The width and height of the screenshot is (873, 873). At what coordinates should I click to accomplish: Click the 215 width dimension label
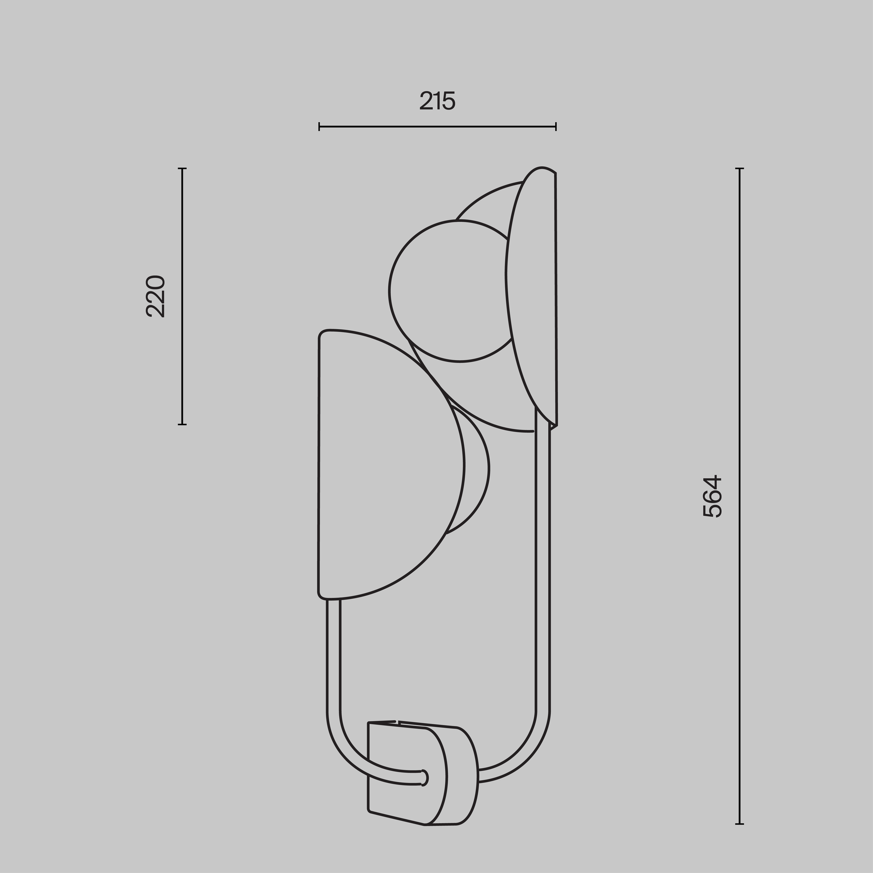[x=437, y=101]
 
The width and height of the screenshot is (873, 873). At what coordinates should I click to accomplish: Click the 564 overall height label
[x=713, y=496]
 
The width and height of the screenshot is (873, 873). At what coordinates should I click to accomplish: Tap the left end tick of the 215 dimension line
[x=319, y=127]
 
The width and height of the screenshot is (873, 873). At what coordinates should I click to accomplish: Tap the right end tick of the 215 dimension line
[x=556, y=127]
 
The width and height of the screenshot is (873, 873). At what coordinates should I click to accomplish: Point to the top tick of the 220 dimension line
[x=182, y=168]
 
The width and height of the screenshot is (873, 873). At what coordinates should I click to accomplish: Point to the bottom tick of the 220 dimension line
[x=182, y=424]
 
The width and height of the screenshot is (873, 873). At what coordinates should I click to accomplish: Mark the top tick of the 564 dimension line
[x=740, y=168]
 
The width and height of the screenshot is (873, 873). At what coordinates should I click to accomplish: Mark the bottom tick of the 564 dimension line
[x=740, y=824]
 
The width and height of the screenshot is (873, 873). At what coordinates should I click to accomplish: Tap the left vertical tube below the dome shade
[x=333, y=655]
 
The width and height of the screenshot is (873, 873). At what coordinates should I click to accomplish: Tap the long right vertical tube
[x=543, y=565]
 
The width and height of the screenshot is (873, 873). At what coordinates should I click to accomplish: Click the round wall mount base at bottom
[x=452, y=777]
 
